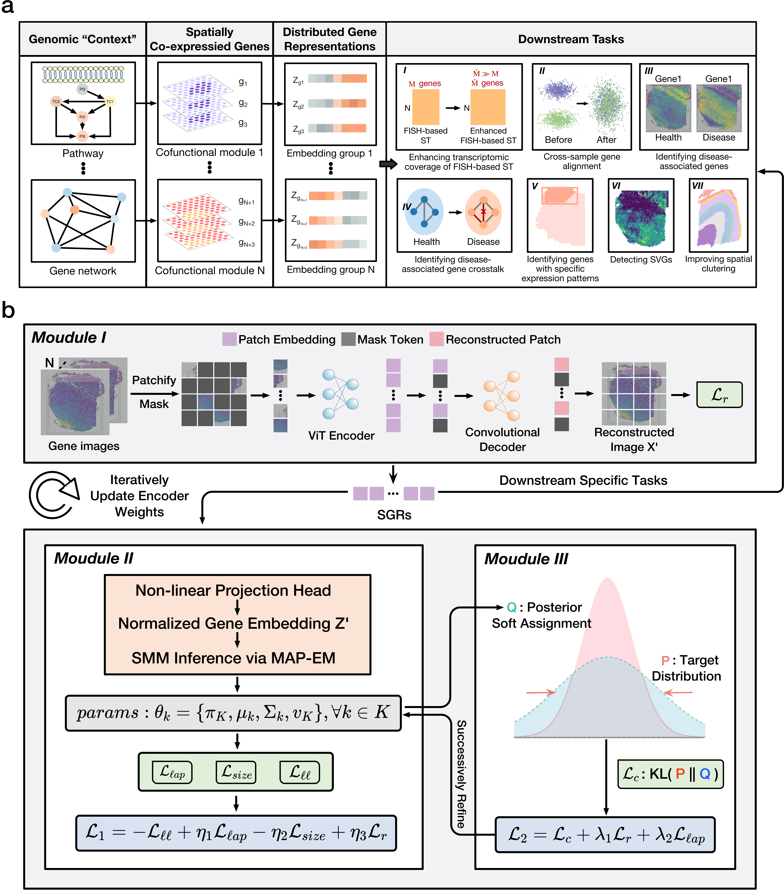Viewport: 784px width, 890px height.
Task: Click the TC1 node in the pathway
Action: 110,101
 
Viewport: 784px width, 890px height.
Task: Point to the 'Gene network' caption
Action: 83,271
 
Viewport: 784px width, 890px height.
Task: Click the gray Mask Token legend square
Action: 348,339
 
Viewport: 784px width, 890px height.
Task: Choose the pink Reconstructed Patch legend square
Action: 436,339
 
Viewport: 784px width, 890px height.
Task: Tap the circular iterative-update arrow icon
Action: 53,495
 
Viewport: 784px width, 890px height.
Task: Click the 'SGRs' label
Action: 394,515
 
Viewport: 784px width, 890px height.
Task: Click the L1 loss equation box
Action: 236,833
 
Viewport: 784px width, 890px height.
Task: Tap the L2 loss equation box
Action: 605,835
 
